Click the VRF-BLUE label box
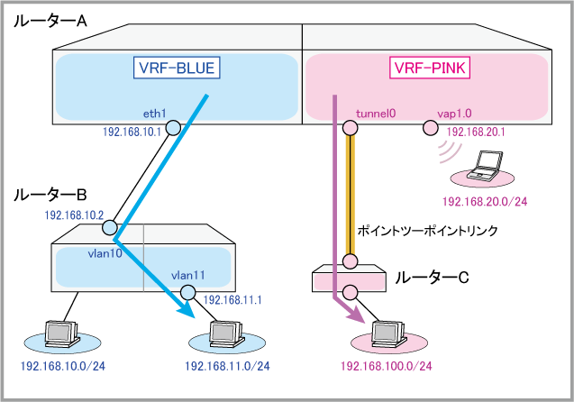(178, 68)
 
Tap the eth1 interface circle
(171, 130)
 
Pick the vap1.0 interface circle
(429, 130)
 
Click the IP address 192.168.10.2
(75, 216)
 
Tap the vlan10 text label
(106, 254)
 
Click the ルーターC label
(433, 278)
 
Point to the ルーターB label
(50, 195)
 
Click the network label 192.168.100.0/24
(386, 366)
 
